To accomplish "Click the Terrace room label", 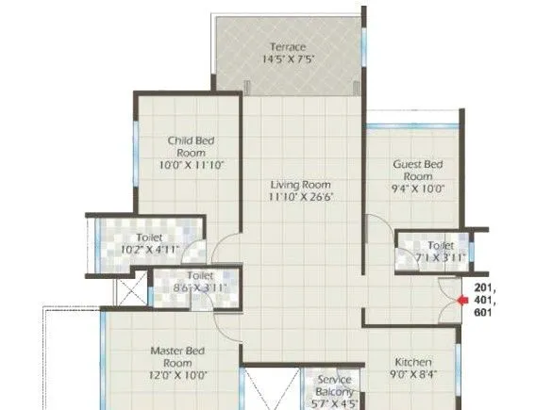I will pyautogui.click(x=289, y=47).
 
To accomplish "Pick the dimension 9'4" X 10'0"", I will pyautogui.click(x=418, y=189).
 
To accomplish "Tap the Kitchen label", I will pyautogui.click(x=413, y=362).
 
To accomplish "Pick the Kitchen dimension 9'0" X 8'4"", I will pyautogui.click(x=413, y=375).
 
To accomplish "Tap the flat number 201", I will pyautogui.click(x=483, y=287).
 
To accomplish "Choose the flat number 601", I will pyautogui.click(x=483, y=312).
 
